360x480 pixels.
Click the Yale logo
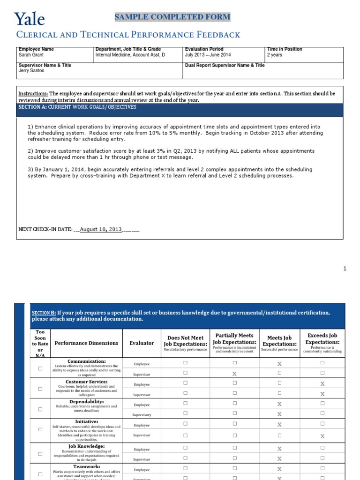pos(30,19)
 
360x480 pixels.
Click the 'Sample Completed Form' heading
pos(172,17)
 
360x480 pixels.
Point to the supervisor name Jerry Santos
pos(31,71)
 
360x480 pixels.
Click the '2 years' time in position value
pos(275,55)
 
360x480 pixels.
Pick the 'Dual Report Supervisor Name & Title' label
pos(225,66)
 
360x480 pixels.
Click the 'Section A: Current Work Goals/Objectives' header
pos(77,107)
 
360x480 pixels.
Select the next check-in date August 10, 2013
pos(101,229)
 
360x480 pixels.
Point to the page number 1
pos(345,269)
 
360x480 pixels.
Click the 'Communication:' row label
pos(87,361)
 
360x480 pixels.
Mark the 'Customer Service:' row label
pos(87,382)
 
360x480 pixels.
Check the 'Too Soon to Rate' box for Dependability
pos(40,409)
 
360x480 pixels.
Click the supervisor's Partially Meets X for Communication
pos(234,374)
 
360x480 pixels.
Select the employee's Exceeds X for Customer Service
pos(322,384)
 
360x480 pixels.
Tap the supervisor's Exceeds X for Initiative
pos(322,436)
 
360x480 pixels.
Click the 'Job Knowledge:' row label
pos(87,446)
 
